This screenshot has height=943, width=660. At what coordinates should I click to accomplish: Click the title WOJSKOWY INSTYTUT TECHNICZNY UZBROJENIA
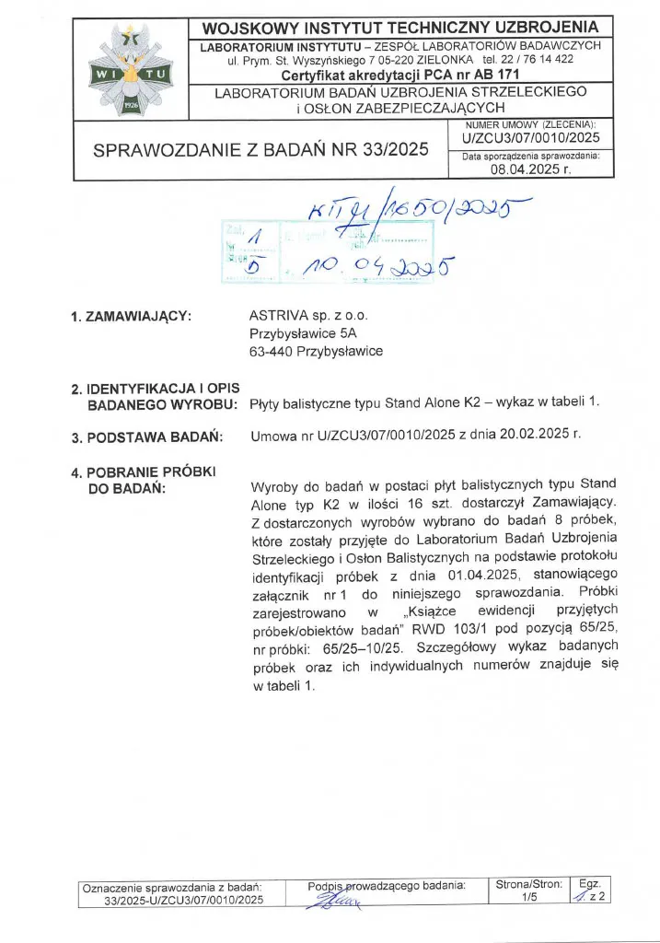coord(400,28)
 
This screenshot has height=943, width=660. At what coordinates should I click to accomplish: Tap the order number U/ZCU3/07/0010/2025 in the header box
coord(530,137)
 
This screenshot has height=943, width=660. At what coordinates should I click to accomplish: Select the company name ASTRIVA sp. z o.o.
coord(302,316)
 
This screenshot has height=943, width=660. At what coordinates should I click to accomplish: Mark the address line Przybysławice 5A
coord(296,333)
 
